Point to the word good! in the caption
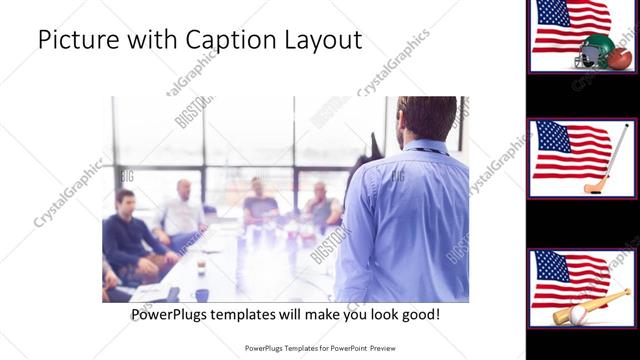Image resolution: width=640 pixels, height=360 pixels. [x=416, y=315]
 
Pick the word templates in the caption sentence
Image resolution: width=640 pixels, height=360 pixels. [x=252, y=315]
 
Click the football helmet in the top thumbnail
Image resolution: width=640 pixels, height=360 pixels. [x=595, y=50]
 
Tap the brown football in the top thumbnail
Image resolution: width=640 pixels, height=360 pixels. [x=619, y=58]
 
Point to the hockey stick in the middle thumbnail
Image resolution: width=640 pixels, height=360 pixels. [x=612, y=160]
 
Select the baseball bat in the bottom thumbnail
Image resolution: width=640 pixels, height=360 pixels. [x=600, y=305]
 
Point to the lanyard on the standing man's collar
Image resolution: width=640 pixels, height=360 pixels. [x=425, y=150]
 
